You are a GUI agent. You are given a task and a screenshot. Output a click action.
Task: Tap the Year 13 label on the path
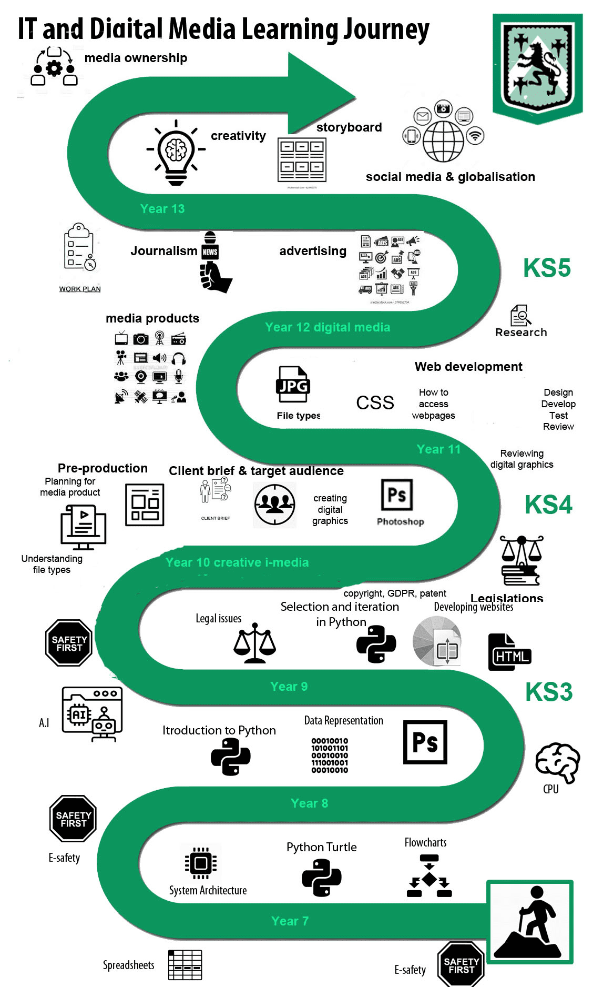coord(162,209)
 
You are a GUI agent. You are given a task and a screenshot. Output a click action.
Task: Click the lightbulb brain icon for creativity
coord(176,153)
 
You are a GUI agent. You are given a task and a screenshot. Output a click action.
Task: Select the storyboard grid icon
coord(302,159)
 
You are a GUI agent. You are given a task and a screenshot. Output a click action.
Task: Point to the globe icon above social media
coord(443,141)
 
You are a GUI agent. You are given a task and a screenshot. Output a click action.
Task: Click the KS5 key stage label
coord(547,268)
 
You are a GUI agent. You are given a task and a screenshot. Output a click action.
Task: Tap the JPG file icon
coord(293,384)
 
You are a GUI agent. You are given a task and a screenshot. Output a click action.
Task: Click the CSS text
coord(375,403)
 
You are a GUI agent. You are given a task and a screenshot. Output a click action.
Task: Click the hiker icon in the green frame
coord(530,922)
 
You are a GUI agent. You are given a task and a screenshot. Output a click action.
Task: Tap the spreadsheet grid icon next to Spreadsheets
coord(185,965)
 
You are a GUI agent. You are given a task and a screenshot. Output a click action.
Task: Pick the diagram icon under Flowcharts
coord(430,876)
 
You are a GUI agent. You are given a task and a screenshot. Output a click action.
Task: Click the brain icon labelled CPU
coord(557,762)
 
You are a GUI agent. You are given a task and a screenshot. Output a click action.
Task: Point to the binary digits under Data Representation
coord(330,756)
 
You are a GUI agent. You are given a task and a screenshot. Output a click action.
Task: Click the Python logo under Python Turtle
coord(321,878)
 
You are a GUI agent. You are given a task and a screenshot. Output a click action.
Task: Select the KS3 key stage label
coord(548,692)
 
